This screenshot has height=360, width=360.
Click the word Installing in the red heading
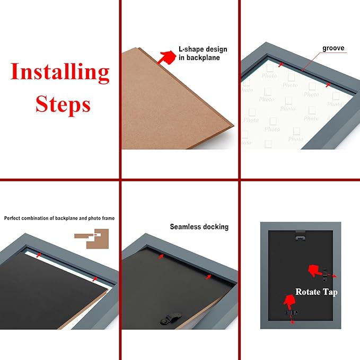click(60, 72)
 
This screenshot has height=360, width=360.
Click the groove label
click(333, 48)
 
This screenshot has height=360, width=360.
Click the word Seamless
click(185, 227)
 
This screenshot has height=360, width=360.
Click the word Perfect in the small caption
click(13, 218)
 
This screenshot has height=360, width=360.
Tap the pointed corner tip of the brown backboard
click(231, 126)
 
